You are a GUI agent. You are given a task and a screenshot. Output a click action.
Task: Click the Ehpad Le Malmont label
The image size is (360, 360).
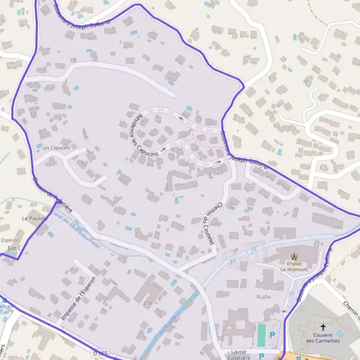293,267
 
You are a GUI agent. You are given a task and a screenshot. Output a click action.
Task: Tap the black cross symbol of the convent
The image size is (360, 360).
323,326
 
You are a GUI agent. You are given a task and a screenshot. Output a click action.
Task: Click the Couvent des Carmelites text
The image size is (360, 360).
323,338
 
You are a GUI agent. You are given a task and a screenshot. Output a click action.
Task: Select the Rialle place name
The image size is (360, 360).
263,297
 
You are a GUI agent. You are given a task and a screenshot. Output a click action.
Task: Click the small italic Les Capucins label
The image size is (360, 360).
56,148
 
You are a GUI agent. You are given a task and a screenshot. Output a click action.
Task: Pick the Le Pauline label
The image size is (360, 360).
34,218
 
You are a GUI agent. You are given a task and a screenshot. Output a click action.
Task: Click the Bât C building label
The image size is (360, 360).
14,248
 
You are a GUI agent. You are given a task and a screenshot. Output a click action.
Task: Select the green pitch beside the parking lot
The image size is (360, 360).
261,335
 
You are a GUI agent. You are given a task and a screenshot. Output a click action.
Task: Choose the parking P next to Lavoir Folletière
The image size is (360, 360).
262,356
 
